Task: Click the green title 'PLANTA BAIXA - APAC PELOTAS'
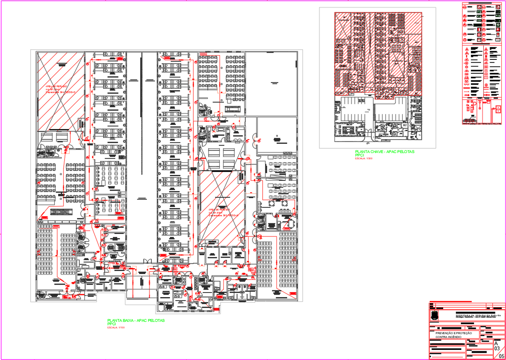(x=136, y=320)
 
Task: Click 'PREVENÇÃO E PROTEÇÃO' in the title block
(x=454, y=333)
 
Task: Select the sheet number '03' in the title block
(x=497, y=349)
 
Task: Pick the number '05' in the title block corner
(x=501, y=356)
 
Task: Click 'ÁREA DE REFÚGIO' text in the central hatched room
(x=219, y=209)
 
